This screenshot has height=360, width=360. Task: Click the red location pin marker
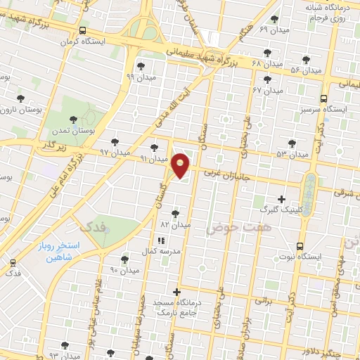point(181,165)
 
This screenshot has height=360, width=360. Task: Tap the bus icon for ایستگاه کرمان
point(84,30)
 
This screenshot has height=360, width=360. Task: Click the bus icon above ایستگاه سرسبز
point(323,98)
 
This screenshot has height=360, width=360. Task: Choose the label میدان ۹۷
point(115,152)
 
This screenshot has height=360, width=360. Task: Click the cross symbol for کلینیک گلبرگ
point(282,199)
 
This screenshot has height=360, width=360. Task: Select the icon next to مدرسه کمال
point(162,240)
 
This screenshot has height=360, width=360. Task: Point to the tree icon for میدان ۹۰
point(125,259)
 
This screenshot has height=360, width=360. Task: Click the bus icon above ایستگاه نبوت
point(300,246)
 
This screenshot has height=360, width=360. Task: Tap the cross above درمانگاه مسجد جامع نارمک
point(176,291)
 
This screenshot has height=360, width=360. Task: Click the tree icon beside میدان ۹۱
point(155,148)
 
